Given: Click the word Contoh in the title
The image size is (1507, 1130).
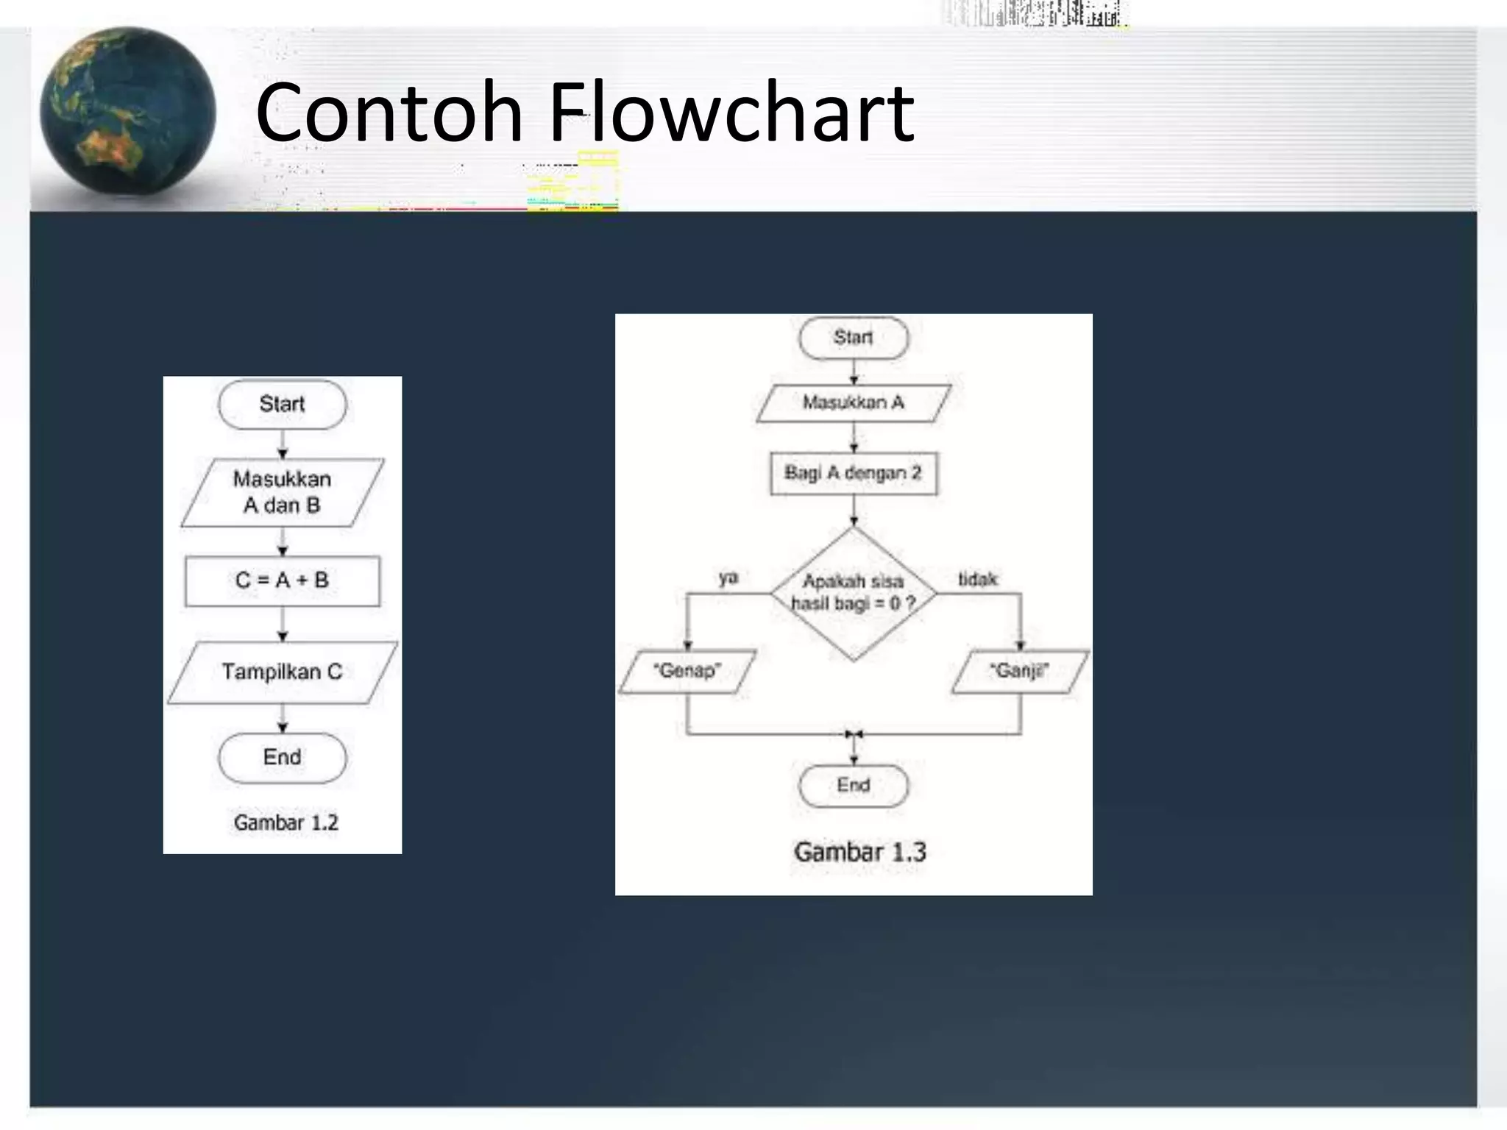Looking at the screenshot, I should click(389, 112).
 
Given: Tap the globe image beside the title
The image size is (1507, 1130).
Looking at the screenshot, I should click(128, 113).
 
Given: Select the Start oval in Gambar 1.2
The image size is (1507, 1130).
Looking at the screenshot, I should click(282, 404).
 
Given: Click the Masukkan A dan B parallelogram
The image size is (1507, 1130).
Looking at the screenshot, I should click(282, 492).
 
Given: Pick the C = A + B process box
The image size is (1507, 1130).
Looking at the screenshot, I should click(283, 580).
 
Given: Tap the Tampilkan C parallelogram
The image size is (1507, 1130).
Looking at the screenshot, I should click(283, 672).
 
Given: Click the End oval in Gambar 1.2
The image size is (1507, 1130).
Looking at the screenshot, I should click(282, 757).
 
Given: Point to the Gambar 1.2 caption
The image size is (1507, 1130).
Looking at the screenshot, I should click(286, 822).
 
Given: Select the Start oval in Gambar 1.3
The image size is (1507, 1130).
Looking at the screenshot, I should click(854, 338).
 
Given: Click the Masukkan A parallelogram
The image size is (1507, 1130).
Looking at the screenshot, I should click(854, 402).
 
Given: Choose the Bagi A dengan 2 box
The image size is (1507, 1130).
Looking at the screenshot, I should click(854, 473).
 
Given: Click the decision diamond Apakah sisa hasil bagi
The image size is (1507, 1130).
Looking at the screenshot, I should click(854, 593).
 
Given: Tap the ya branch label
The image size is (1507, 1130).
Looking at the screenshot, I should click(728, 578).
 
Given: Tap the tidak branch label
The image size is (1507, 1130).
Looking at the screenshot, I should click(977, 580).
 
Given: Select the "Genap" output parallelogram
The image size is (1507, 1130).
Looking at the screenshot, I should click(687, 671).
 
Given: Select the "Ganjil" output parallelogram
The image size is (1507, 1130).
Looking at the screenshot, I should click(1019, 671).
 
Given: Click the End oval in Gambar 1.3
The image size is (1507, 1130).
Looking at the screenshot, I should click(854, 785).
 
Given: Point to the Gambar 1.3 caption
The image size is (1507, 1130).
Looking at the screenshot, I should click(860, 852).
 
